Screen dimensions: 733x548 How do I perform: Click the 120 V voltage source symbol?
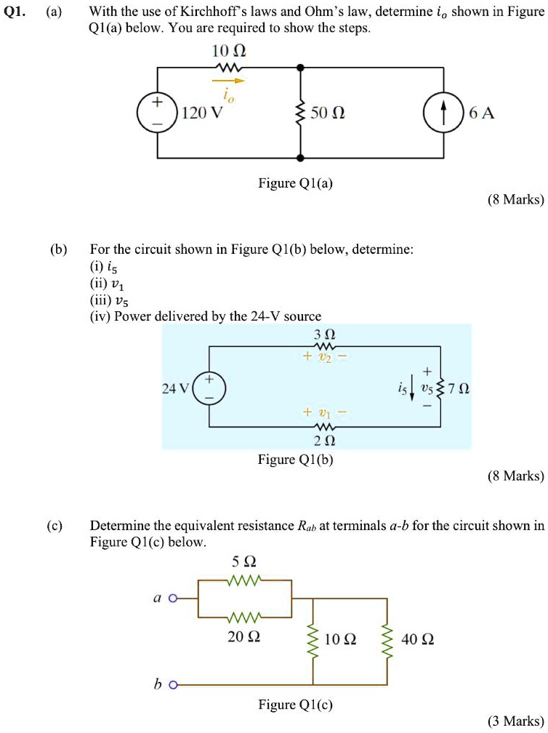(x=158, y=113)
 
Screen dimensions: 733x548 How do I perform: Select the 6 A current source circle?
(x=443, y=113)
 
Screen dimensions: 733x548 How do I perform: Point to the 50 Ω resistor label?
(x=327, y=113)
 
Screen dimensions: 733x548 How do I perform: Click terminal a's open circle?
(x=172, y=598)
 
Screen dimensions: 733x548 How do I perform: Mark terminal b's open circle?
(x=172, y=685)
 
